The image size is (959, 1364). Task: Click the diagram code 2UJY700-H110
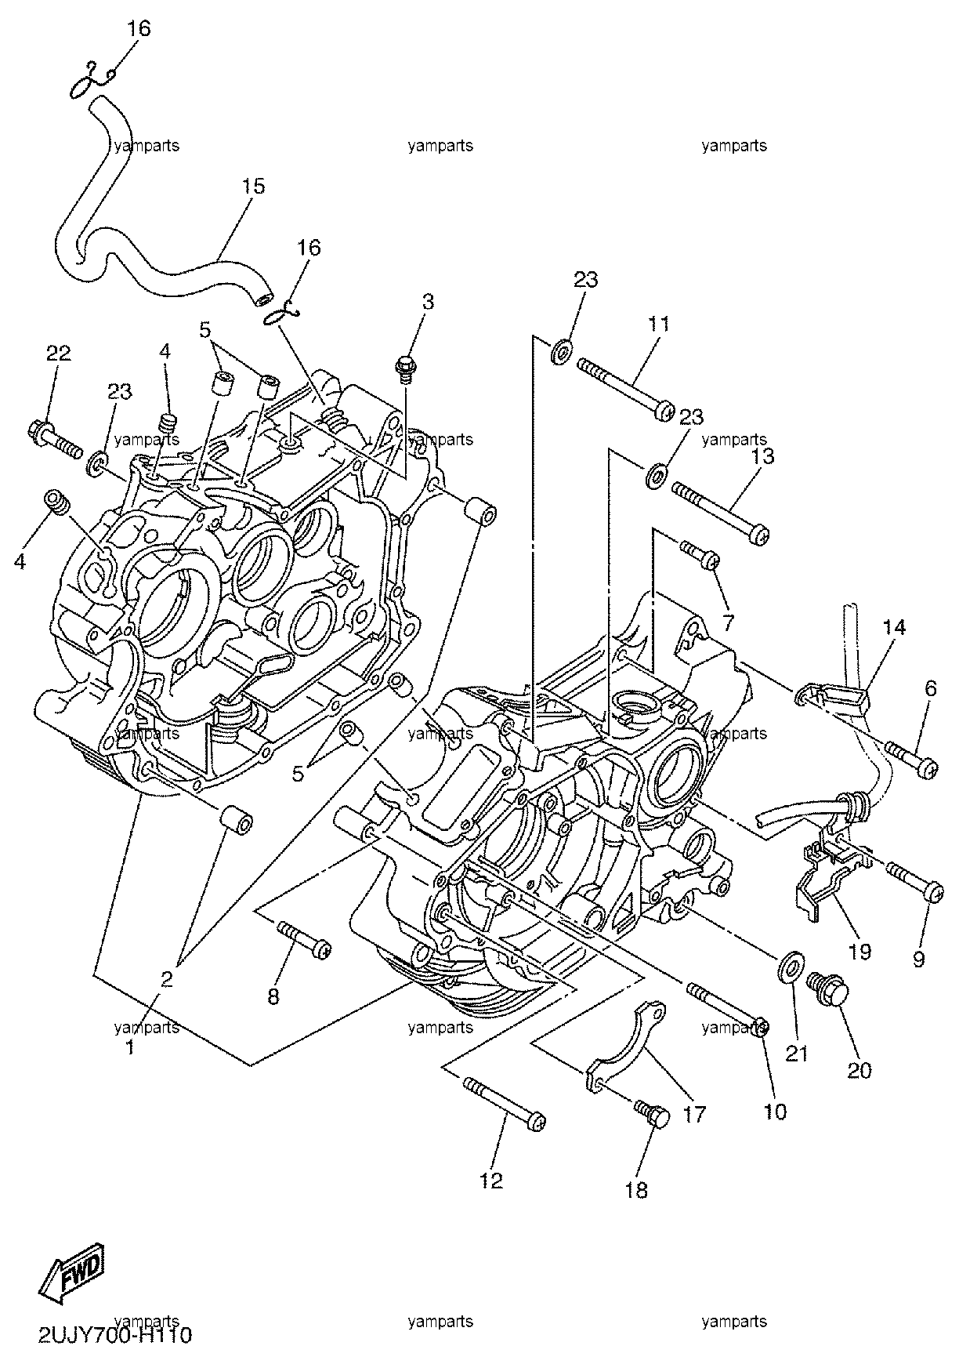pyautogui.click(x=114, y=1334)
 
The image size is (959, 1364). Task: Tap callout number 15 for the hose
pyautogui.click(x=253, y=187)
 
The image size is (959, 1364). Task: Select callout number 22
pyautogui.click(x=58, y=354)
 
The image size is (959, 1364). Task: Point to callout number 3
pyautogui.click(x=428, y=302)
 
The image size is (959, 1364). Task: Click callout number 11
pyautogui.click(x=659, y=324)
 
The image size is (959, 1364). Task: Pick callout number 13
pyautogui.click(x=762, y=456)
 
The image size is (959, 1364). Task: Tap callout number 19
pyautogui.click(x=859, y=952)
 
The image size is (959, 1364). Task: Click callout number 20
pyautogui.click(x=859, y=1069)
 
